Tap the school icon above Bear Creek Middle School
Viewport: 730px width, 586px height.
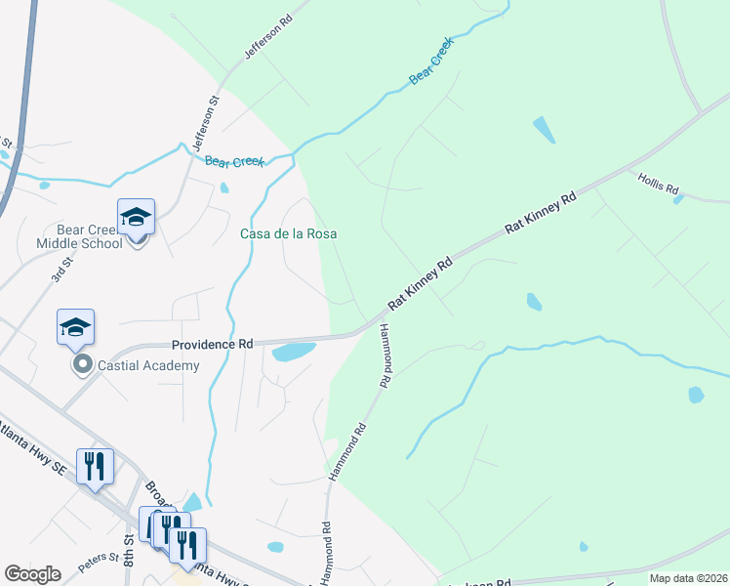coord(137,218)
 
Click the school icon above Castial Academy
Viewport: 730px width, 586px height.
coord(75,327)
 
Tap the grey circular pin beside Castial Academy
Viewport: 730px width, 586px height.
coord(83,366)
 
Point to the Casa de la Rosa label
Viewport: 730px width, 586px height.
coord(289,234)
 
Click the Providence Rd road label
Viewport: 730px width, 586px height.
coord(212,345)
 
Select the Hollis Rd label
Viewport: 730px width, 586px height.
coord(658,183)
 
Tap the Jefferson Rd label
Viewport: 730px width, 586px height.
coord(268,36)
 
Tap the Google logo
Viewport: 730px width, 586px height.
coord(32,574)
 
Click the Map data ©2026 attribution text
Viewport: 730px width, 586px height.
coord(688,578)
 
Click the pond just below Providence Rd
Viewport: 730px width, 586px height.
coord(294,351)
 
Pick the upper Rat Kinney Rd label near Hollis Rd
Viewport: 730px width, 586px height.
coord(542,213)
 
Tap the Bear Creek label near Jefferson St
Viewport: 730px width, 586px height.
coord(234,161)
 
